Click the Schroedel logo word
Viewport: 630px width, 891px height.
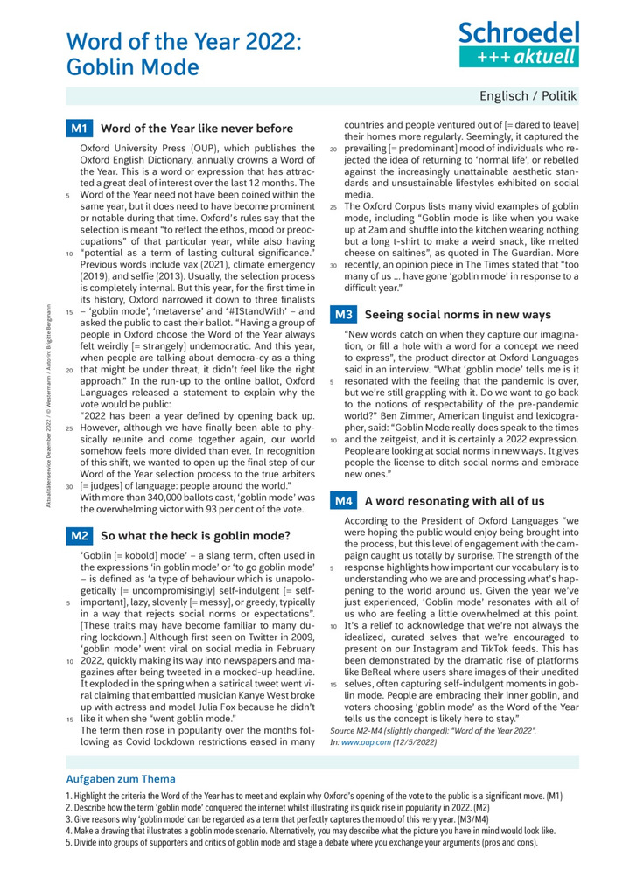click(520, 33)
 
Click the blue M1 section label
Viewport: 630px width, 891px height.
click(79, 129)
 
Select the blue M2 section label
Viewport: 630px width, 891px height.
click(79, 535)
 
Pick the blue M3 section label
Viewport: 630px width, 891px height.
click(342, 314)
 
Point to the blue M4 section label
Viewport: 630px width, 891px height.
click(342, 501)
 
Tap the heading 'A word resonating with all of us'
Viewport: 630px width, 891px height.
click(454, 501)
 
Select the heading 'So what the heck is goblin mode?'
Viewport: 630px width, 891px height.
click(195, 535)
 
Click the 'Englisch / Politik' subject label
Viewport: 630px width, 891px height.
click(528, 95)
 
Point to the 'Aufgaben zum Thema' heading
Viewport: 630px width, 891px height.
click(121, 779)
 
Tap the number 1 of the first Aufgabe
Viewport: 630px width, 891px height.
click(68, 797)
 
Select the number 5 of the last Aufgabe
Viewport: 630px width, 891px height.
click(68, 843)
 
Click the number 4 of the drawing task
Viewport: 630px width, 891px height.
click(68, 832)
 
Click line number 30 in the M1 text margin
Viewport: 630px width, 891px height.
click(70, 486)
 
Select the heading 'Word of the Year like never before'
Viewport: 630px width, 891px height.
click(198, 129)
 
